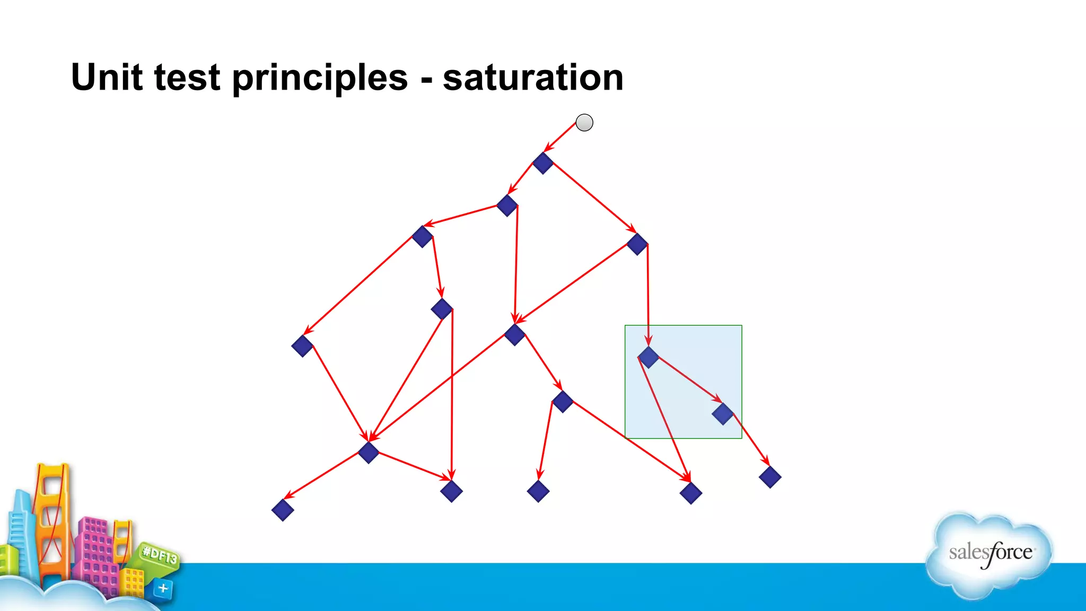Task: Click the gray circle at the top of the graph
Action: [584, 123]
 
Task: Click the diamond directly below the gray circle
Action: [543, 163]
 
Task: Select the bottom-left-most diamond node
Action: [283, 510]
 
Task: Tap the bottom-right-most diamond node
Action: [770, 477]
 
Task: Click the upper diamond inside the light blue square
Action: [649, 357]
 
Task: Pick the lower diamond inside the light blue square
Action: [723, 414]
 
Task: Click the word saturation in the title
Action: [533, 77]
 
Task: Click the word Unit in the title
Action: [107, 77]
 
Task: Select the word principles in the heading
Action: [320, 77]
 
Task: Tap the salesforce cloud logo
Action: [989, 554]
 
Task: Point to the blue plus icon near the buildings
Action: [163, 588]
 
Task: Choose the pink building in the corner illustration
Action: [95, 552]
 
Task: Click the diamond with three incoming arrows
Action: [369, 452]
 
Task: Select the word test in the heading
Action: [187, 77]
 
